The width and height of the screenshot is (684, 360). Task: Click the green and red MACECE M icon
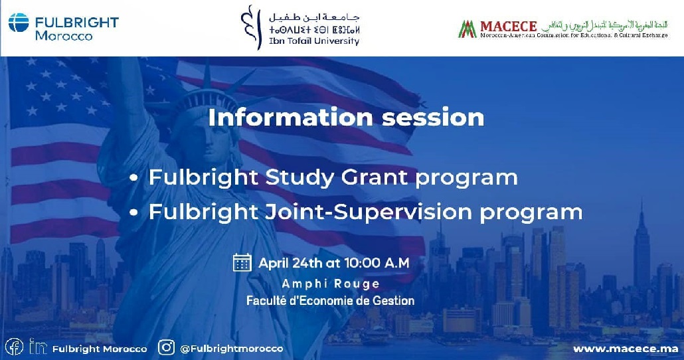[468, 29]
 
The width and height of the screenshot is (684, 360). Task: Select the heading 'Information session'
[346, 118]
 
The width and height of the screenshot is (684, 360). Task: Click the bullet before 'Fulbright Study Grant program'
[134, 179]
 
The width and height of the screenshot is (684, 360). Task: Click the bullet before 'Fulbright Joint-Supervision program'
[134, 213]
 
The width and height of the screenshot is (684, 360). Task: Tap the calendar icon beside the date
[242, 262]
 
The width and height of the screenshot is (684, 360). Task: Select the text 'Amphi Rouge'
[331, 284]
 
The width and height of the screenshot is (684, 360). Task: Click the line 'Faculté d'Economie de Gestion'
[330, 301]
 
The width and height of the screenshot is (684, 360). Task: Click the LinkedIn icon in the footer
[37, 347]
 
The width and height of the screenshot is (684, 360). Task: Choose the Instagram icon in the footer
[167, 347]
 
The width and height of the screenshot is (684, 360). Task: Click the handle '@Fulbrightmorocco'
[231, 348]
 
